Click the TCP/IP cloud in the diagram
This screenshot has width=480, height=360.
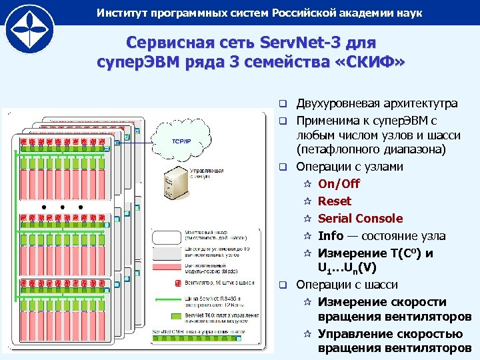pyautogui.click(x=182, y=141)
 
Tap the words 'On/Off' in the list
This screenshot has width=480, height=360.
pyautogui.click(x=339, y=183)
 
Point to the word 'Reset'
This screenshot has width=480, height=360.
pyautogui.click(x=334, y=201)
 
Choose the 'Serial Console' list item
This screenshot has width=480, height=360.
pyautogui.click(x=360, y=218)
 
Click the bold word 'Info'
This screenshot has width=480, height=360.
pyautogui.click(x=331, y=235)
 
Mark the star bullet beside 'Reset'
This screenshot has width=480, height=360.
pyautogui.click(x=307, y=201)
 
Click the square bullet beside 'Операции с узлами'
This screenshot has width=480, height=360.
pyautogui.click(x=283, y=166)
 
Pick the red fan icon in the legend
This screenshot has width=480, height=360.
pyautogui.click(x=178, y=283)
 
